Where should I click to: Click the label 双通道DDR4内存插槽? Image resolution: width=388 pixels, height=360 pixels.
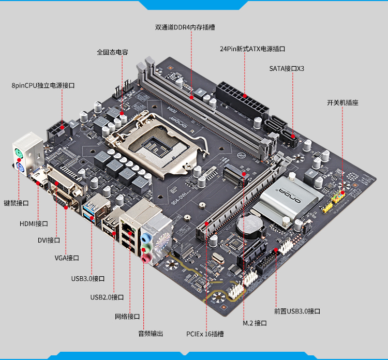[185, 27]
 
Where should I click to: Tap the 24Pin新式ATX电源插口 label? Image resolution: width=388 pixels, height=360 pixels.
[252, 49]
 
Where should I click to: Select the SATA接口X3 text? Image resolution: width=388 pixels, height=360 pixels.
[287, 69]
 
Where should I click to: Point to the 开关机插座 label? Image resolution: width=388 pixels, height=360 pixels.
[342, 102]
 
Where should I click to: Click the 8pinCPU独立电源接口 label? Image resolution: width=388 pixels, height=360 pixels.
[43, 85]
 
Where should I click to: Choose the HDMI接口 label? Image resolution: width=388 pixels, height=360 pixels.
[34, 223]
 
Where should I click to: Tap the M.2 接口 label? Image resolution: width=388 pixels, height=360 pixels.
[255, 323]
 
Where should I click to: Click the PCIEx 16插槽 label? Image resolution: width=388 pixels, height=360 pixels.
[205, 334]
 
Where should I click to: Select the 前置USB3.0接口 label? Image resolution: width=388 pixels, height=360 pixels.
[297, 311]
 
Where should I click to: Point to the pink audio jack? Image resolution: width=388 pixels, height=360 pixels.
[146, 259]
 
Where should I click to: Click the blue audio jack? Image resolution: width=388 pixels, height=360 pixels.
[146, 238]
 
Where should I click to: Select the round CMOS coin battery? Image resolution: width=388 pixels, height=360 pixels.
[251, 225]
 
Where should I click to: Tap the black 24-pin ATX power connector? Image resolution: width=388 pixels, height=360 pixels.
[242, 100]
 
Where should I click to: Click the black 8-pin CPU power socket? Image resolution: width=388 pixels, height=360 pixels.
[58, 132]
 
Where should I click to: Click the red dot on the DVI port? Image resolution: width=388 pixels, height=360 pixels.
[57, 183]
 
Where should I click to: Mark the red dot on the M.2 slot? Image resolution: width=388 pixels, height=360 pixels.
[244, 174]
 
